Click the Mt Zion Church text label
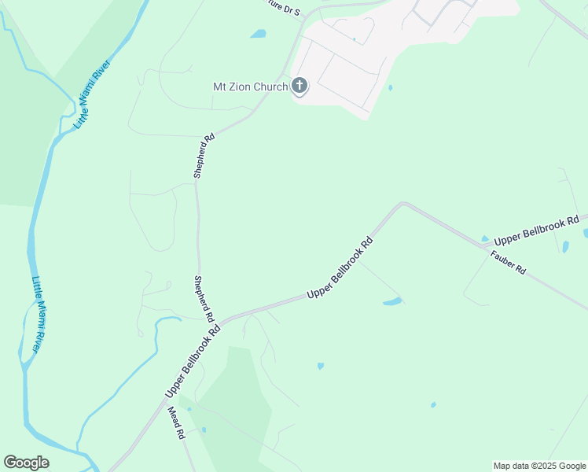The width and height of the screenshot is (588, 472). pos(251,87)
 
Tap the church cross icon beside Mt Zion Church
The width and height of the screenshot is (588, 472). pos(300,85)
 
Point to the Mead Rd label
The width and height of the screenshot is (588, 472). pos(175,422)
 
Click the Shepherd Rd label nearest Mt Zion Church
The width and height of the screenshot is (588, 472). pos(204,156)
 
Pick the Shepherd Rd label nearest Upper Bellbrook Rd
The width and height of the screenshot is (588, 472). pos(204,299)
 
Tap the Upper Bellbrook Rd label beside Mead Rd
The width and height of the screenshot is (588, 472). pos(193,360)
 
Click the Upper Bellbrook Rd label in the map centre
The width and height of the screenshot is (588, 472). pos(339,269)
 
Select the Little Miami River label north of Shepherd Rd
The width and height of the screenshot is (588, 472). pos(92,94)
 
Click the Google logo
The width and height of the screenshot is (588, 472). pos(26,463)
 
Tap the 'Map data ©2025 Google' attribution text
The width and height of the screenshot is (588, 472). pos(539,466)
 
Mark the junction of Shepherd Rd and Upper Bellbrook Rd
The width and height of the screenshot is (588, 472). pos(220,323)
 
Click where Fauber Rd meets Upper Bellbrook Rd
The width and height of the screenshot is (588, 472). pos(486,247)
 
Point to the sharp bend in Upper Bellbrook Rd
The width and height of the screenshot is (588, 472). pos(402,204)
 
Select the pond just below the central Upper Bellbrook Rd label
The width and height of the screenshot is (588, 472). pos(392,301)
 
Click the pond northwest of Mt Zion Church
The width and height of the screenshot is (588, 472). pos(258,34)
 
